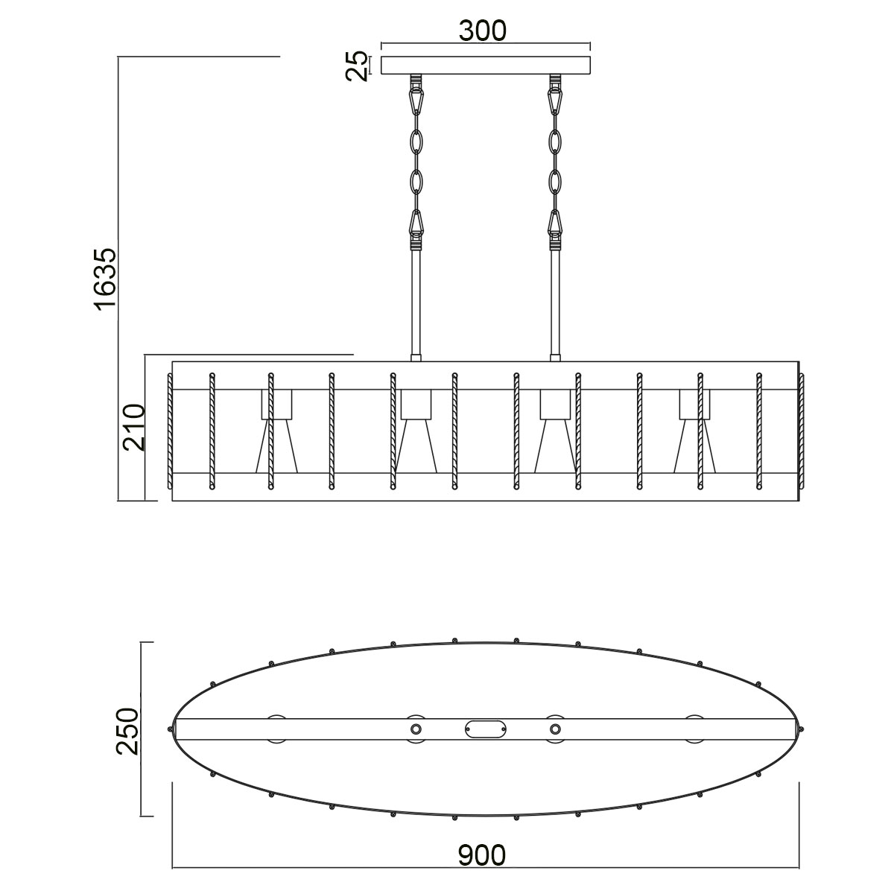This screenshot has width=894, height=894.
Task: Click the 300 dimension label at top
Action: point(482,30)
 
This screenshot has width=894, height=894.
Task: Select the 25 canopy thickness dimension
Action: point(358,66)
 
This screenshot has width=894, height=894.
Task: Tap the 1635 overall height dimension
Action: point(105,278)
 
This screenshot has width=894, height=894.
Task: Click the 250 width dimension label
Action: point(127,731)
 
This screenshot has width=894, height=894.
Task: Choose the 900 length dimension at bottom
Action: point(482,855)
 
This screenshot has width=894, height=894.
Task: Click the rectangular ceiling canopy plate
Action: point(485,66)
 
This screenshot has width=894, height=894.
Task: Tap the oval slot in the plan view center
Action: point(485,729)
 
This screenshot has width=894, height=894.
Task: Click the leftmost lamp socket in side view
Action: point(276,404)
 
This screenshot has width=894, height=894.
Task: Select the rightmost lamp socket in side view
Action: point(694,404)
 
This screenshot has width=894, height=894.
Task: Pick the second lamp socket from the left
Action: point(416,404)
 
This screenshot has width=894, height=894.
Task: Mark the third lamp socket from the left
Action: point(555,404)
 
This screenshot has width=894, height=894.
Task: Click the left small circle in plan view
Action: point(416,729)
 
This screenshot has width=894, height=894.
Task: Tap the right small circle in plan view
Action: point(554,729)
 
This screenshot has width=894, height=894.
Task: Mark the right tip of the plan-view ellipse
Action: point(801,729)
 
